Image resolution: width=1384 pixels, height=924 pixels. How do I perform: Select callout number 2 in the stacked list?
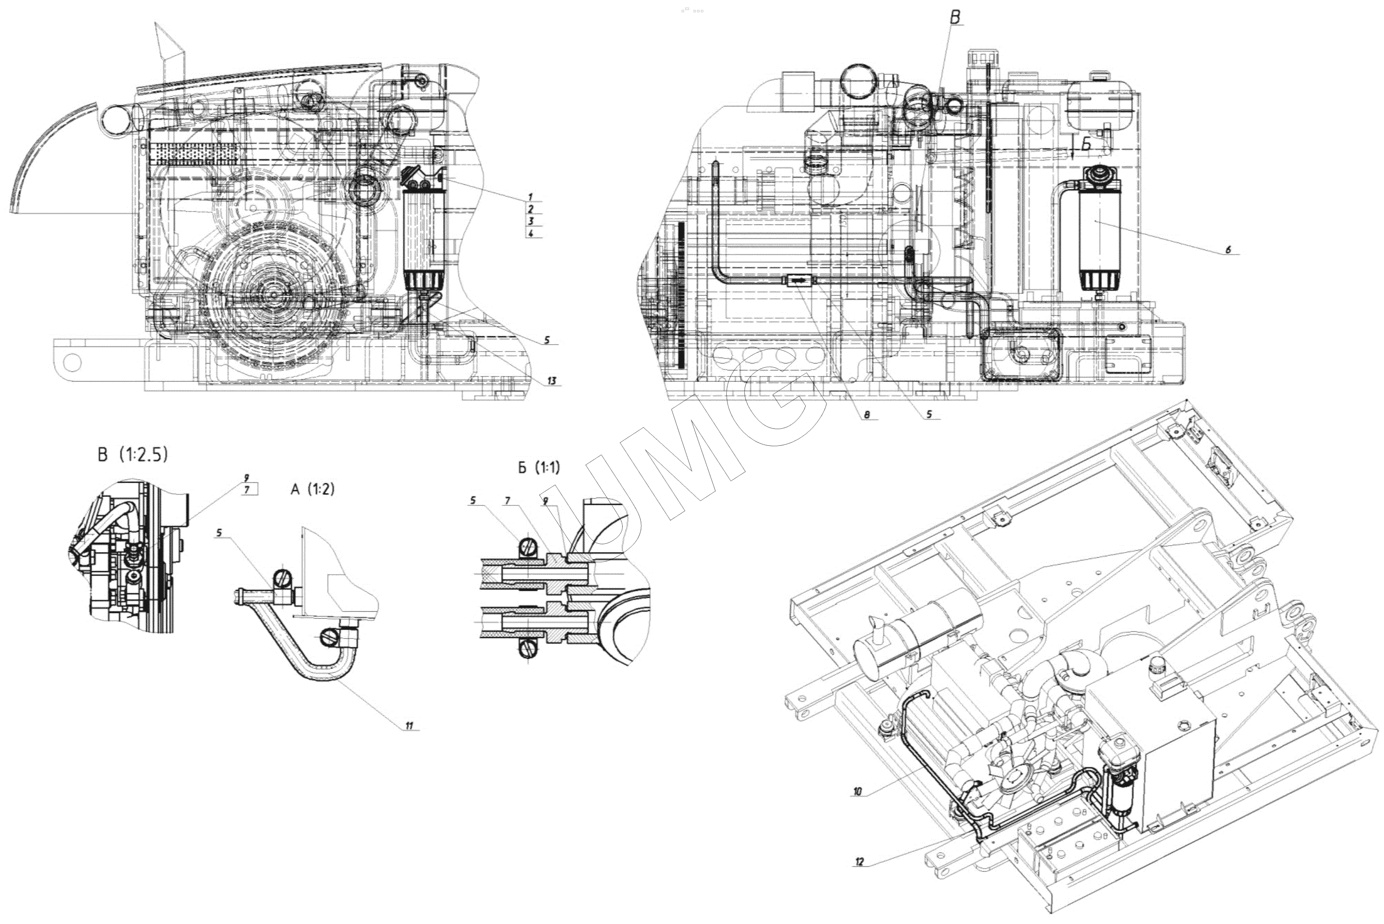pyautogui.click(x=531, y=209)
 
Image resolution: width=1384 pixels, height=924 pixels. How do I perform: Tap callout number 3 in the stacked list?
pyautogui.click(x=531, y=221)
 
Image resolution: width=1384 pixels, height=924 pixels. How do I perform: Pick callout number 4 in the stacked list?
pyautogui.click(x=531, y=233)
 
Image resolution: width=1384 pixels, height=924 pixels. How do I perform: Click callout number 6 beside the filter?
pyautogui.click(x=1228, y=250)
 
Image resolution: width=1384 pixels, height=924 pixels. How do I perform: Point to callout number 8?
pyautogui.click(x=867, y=415)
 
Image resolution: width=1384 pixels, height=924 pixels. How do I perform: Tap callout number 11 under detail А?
pyautogui.click(x=409, y=725)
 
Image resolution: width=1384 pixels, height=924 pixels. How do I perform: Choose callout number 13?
pyautogui.click(x=552, y=381)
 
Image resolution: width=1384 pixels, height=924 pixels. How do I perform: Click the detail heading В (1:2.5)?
pyautogui.click(x=133, y=455)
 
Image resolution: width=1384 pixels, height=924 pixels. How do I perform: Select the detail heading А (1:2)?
pyautogui.click(x=312, y=489)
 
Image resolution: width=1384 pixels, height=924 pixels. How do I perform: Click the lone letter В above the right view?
pyautogui.click(x=955, y=18)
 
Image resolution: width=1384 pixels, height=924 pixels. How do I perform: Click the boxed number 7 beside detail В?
pyautogui.click(x=248, y=490)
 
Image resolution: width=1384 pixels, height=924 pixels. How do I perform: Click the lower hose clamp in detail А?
pyautogui.click(x=330, y=637)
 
